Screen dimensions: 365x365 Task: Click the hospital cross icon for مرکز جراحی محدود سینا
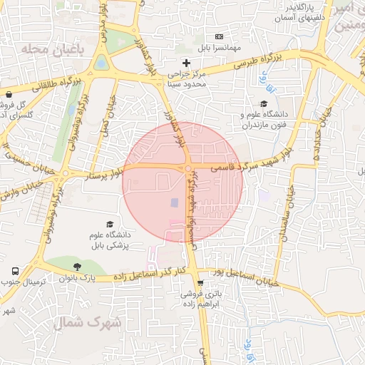pos(187,63)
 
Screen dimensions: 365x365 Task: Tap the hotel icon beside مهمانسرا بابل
pos(219,36)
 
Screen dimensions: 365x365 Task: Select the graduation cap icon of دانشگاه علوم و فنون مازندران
pos(264,103)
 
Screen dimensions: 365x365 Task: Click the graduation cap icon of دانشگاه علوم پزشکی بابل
pos(109,225)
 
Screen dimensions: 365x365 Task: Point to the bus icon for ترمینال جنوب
pos(15,272)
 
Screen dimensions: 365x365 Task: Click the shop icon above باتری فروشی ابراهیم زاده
pos(200,282)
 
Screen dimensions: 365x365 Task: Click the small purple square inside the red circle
pos(175,203)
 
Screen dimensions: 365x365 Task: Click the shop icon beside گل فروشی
pos(8,95)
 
